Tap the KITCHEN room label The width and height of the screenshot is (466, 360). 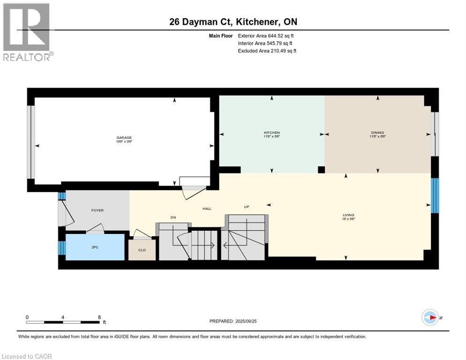[x=271, y=133]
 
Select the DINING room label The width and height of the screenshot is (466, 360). [x=377, y=133]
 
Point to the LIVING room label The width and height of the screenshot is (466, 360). [x=349, y=215]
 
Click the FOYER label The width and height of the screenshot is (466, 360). [x=97, y=210]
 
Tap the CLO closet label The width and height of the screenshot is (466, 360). [x=142, y=250]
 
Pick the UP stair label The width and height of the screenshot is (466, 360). [x=246, y=207]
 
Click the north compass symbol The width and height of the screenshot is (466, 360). [x=430, y=317]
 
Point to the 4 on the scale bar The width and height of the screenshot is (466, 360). [x=63, y=317]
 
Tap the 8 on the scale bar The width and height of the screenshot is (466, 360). [x=99, y=317]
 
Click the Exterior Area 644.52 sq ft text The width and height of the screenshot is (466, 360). [x=266, y=36]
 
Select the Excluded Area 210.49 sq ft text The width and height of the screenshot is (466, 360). [x=267, y=51]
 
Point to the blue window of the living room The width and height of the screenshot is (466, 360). [x=435, y=195]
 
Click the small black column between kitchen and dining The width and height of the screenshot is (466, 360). [x=321, y=170]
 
